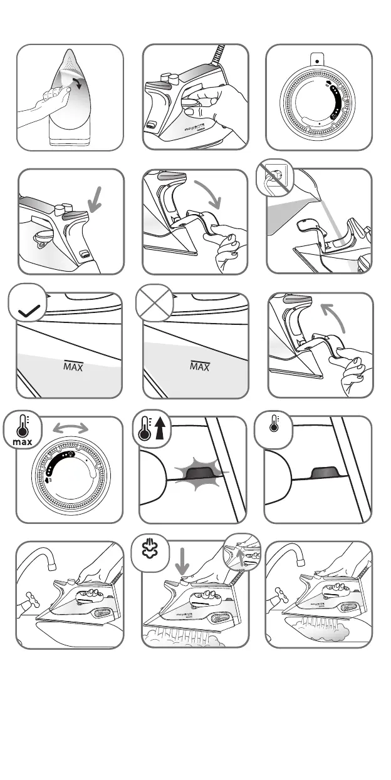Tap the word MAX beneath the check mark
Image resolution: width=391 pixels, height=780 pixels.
tap(73, 366)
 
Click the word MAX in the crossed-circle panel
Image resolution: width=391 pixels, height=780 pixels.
tap(200, 366)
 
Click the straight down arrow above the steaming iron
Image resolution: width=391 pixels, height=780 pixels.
tap(183, 560)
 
